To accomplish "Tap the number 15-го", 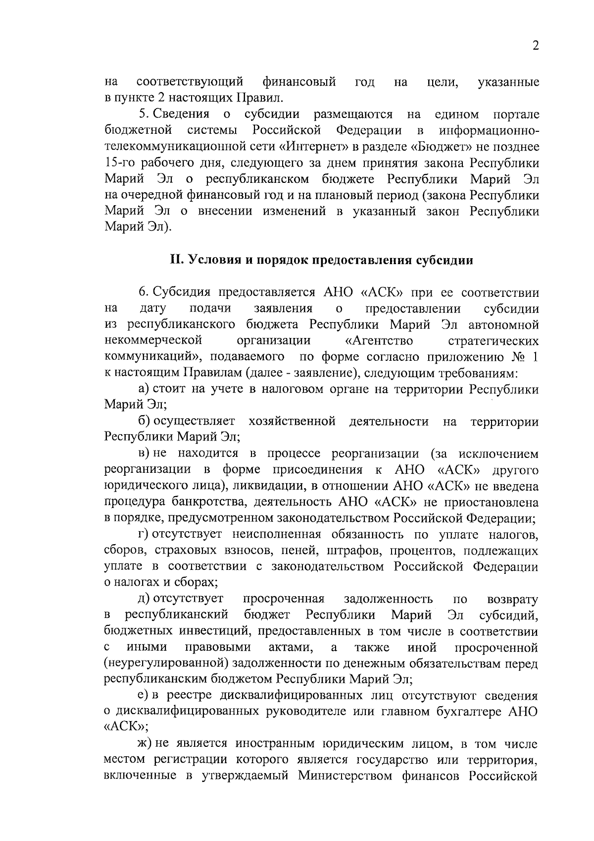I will (x=122, y=163).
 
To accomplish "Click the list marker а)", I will (x=145, y=389).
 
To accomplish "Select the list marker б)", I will (x=145, y=421).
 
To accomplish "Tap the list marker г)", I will (x=144, y=535).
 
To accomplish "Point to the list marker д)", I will (x=145, y=599).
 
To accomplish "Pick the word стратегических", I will (x=493, y=341).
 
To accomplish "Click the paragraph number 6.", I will (x=143, y=292).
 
